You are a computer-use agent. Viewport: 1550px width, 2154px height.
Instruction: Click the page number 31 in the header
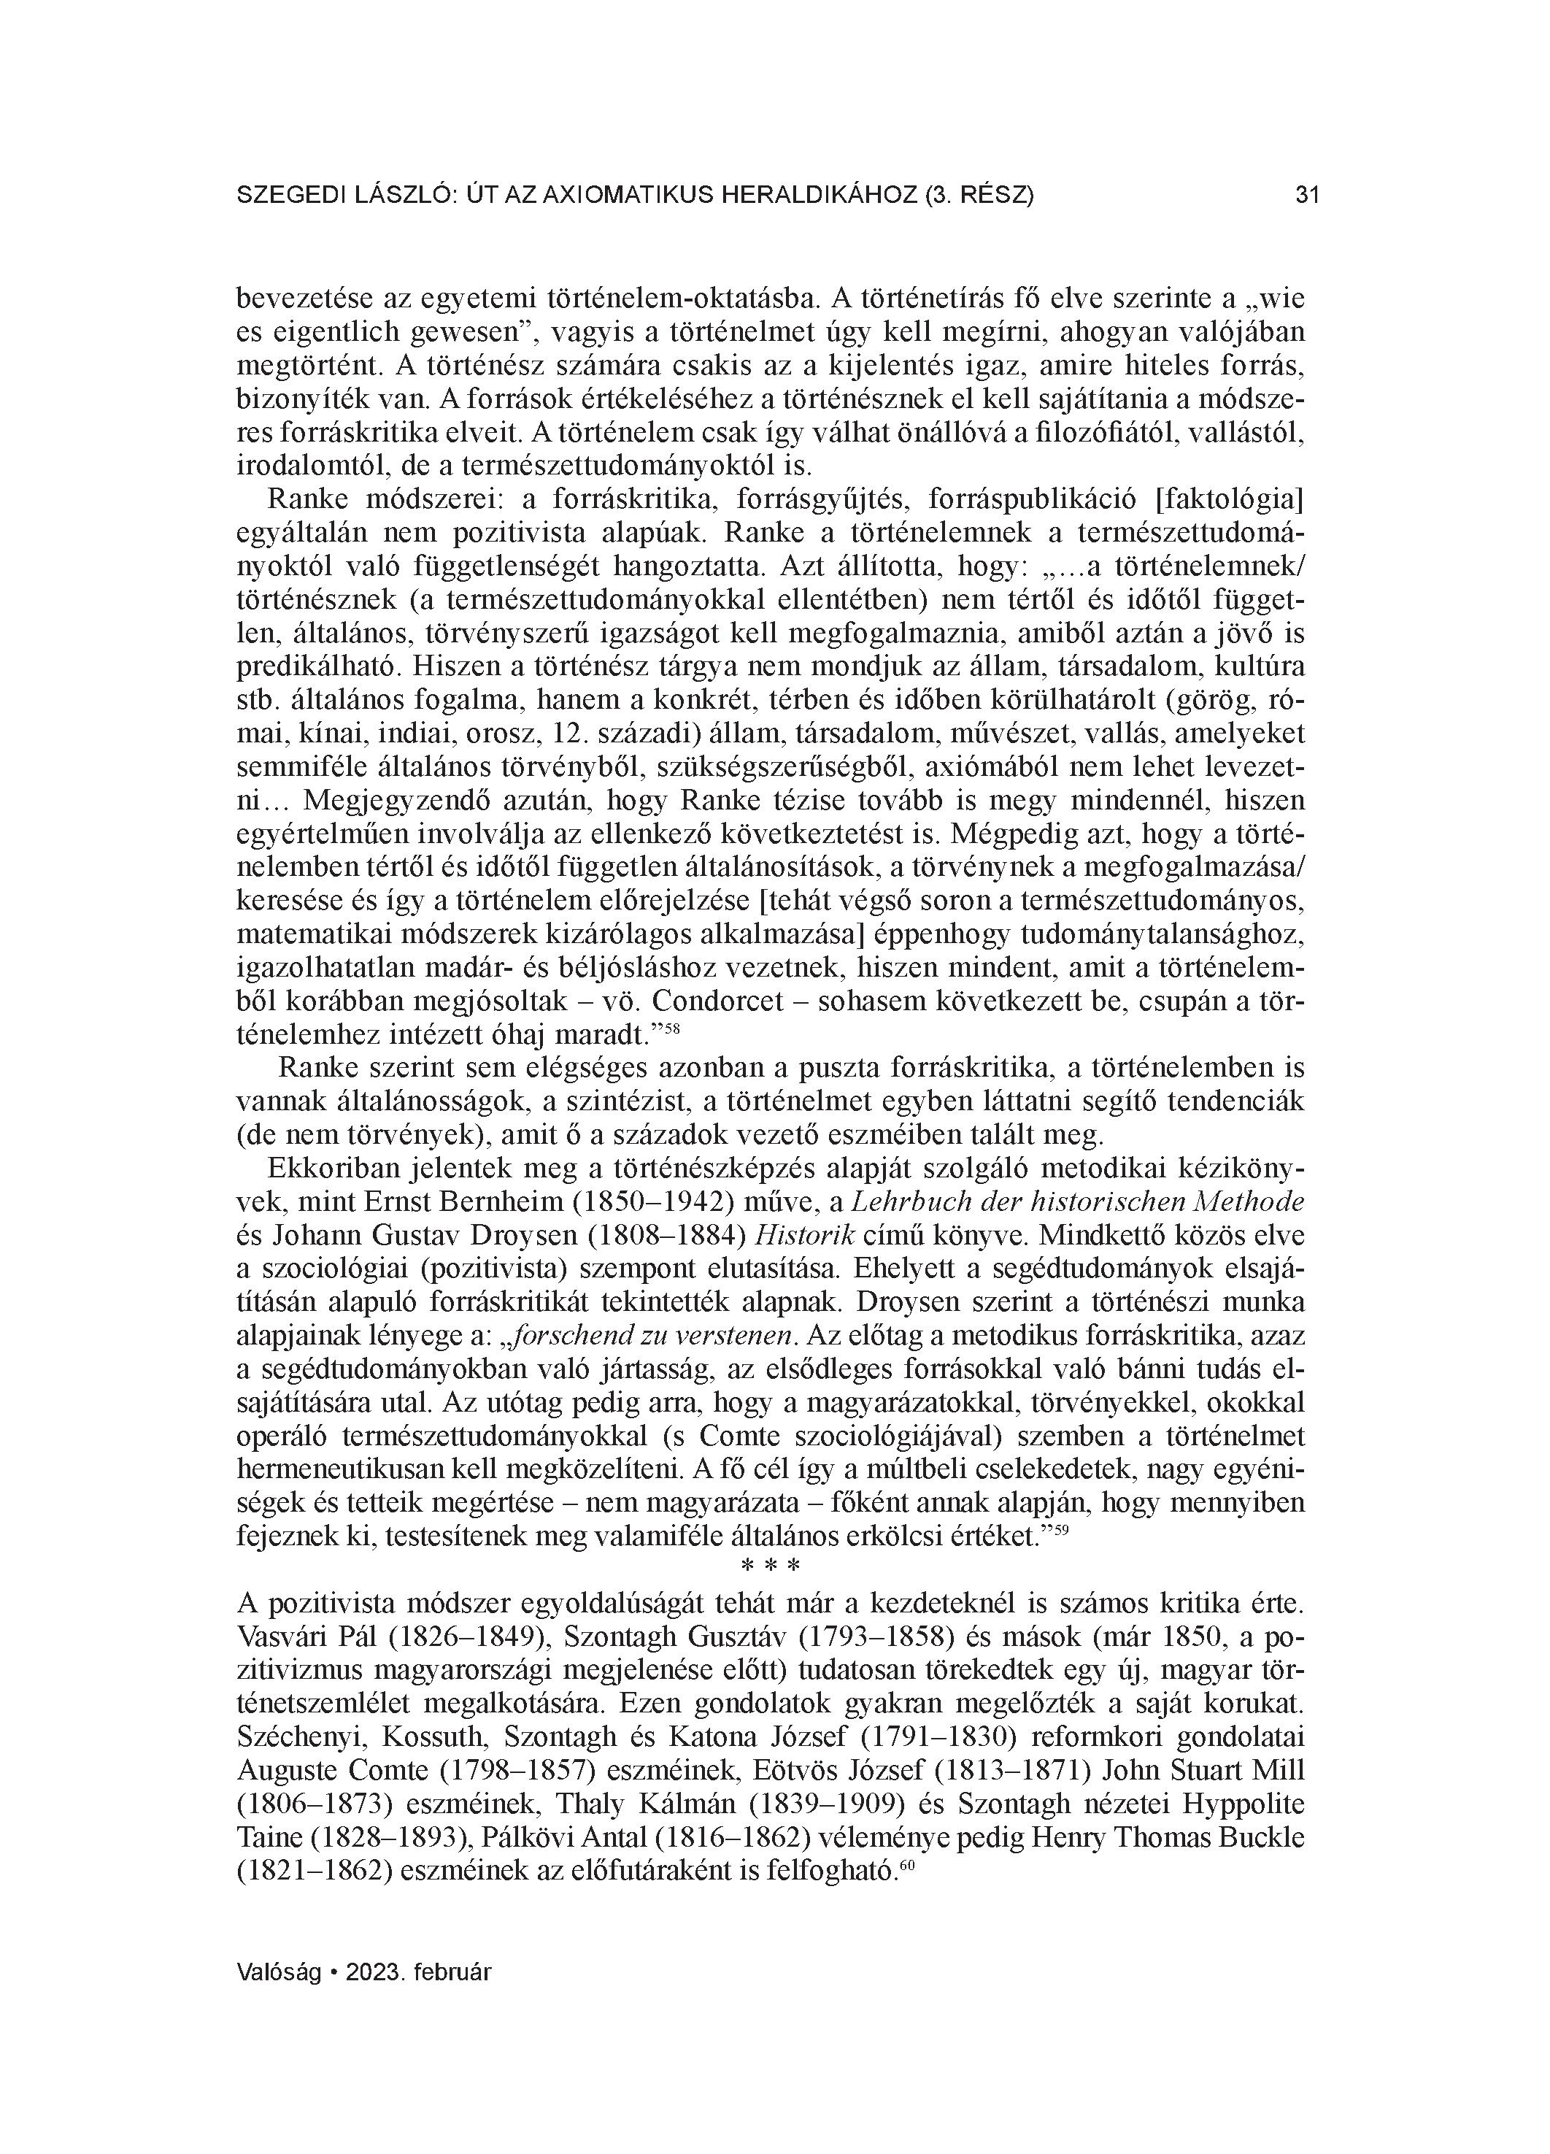(1308, 196)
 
